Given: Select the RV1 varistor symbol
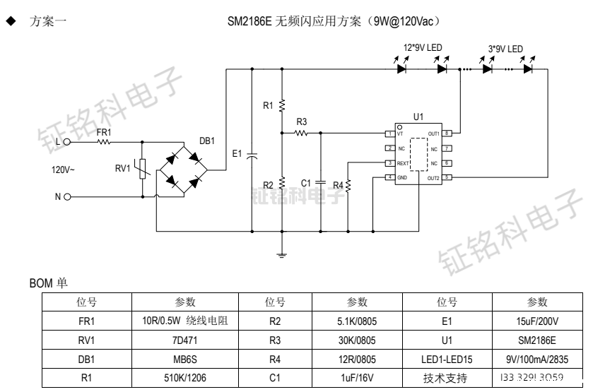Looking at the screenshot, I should click(x=143, y=169).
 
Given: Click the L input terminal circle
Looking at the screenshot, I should click(x=67, y=142).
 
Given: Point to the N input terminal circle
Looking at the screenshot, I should click(x=67, y=197).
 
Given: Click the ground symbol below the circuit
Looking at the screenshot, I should click(x=282, y=254).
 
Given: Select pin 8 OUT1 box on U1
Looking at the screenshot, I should click(x=447, y=133).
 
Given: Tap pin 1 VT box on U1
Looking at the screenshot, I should click(x=389, y=133).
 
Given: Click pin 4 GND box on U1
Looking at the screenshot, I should click(x=389, y=177).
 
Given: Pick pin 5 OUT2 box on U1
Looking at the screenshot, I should click(x=447, y=177).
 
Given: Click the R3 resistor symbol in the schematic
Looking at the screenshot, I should click(x=302, y=132).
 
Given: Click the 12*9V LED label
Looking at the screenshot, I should click(x=423, y=48).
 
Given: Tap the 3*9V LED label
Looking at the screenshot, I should click(x=506, y=48).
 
